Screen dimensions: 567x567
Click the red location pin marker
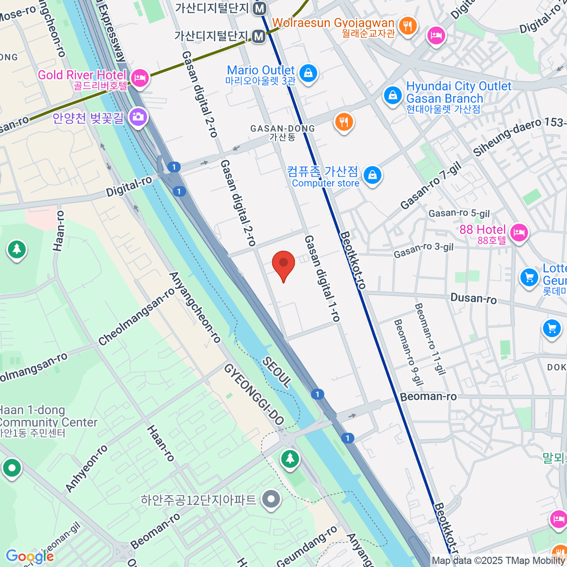[x=283, y=264]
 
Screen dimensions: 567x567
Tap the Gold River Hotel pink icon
[x=139, y=78]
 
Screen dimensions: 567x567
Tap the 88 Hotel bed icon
[x=519, y=232]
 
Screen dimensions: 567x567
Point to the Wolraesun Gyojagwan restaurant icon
[x=407, y=26]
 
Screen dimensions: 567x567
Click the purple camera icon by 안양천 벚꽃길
[x=137, y=116]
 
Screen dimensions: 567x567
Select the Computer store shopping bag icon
[x=372, y=176]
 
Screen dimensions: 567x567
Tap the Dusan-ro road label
[x=473, y=298]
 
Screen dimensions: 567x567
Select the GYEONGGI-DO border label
[x=254, y=395]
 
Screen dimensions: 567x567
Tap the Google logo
[x=29, y=557]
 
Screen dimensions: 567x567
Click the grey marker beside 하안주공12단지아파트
[x=271, y=499]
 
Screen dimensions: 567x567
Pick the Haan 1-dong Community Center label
[x=47, y=421]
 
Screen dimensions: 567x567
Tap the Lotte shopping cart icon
[x=529, y=277]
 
